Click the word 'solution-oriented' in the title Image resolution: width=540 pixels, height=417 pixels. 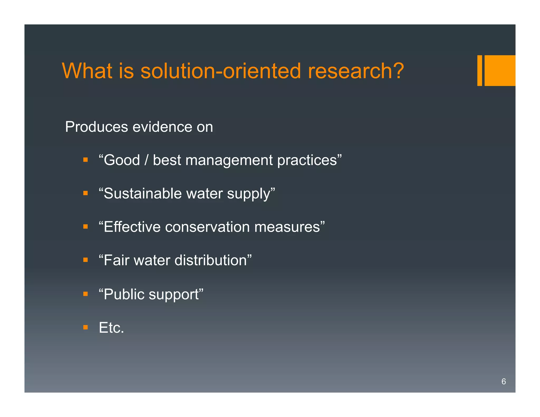click(220, 71)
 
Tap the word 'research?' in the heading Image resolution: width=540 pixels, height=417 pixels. click(356, 71)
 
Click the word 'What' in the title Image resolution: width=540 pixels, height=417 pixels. click(87, 71)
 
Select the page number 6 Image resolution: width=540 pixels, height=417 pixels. click(503, 381)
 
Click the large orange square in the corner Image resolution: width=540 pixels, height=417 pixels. click(500, 70)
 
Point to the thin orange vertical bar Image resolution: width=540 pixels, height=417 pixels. click(479, 70)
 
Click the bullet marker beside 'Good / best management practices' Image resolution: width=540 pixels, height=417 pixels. click(85, 160)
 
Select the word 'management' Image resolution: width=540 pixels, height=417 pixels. click(229, 160)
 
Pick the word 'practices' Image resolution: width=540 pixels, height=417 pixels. click(307, 160)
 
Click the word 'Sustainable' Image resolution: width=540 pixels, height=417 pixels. click(143, 193)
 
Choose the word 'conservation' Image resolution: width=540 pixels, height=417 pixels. click(207, 227)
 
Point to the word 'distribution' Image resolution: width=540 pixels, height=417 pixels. click(210, 260)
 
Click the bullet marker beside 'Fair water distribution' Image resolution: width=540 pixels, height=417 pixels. click(85, 260)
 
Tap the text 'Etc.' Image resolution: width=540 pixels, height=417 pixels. click(111, 328)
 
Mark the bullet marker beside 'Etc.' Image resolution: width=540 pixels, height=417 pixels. click(85, 327)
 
